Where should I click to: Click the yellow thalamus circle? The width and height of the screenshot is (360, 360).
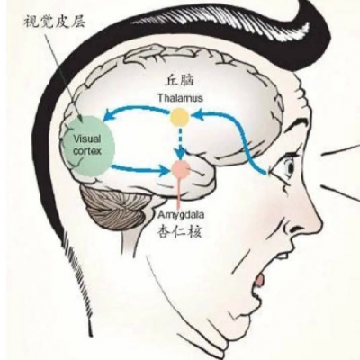(180, 117)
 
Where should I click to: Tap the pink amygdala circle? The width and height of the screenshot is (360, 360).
(181, 169)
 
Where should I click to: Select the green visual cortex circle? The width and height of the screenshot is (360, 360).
(89, 145)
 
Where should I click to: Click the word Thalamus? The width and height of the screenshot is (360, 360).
(180, 98)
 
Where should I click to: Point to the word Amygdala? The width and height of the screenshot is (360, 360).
(182, 215)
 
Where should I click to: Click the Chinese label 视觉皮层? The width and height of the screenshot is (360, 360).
(54, 22)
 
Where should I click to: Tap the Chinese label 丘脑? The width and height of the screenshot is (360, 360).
(180, 81)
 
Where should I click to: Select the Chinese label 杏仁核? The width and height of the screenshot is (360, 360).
(179, 231)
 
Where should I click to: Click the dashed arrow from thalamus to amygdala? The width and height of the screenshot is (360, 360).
(180, 143)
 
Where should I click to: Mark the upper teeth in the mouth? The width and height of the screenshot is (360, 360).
(282, 256)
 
